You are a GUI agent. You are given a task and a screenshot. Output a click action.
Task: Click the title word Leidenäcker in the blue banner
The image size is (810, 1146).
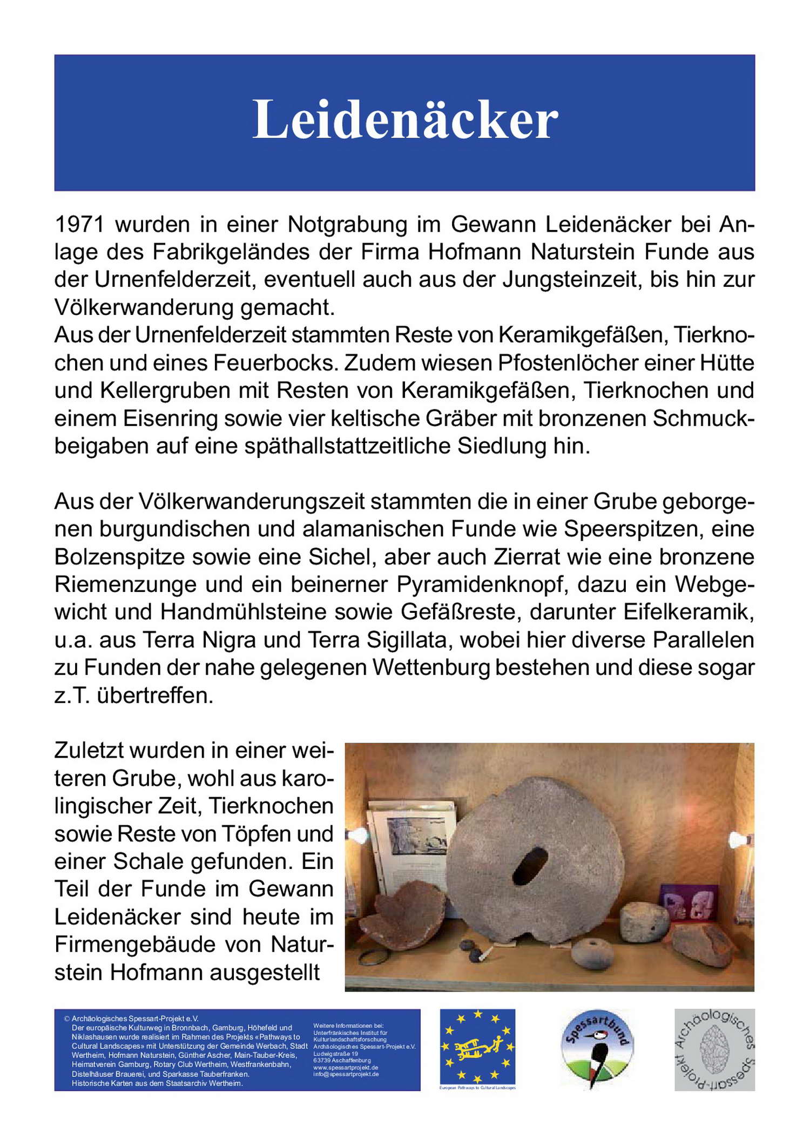coord(405,119)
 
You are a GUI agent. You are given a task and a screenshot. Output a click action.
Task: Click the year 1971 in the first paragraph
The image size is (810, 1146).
coord(79,224)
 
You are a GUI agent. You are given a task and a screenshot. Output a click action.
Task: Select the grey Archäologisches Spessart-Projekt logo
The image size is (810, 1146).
coord(714,1049)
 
